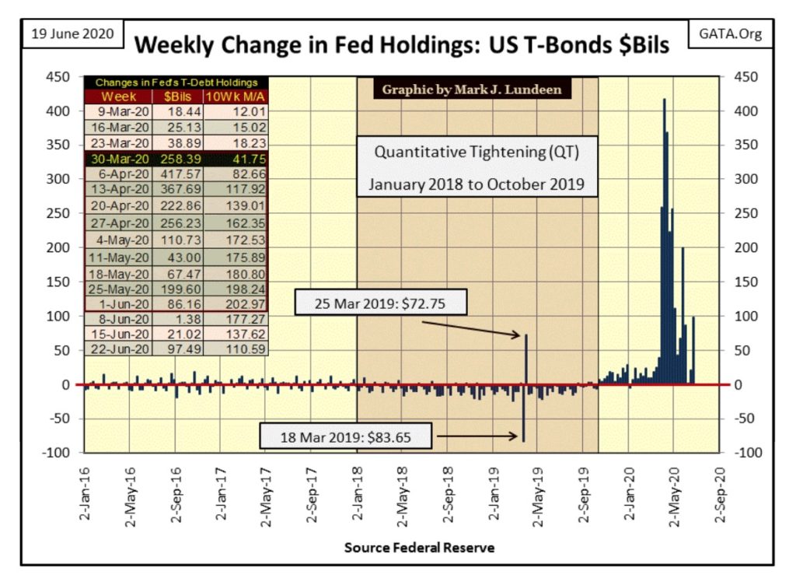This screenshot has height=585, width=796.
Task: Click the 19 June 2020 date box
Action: (x=72, y=34)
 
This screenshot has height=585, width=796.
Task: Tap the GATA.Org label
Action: (x=730, y=34)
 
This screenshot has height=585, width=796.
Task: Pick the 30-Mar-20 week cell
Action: (x=120, y=159)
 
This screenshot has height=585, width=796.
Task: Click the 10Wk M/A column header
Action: (x=235, y=96)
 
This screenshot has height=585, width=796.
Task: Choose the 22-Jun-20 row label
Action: (x=120, y=349)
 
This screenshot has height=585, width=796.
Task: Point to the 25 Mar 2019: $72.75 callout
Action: (x=380, y=303)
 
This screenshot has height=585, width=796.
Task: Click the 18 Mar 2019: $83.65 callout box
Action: (x=346, y=436)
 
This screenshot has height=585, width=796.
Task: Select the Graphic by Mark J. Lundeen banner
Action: (x=472, y=89)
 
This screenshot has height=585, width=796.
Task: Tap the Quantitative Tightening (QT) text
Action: (x=477, y=152)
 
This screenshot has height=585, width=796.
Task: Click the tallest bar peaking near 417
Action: (x=665, y=242)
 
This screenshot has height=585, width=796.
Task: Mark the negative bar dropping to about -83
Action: (x=523, y=413)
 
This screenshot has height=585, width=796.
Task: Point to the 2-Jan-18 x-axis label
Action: (x=358, y=493)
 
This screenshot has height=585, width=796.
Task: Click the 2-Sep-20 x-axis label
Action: (x=720, y=495)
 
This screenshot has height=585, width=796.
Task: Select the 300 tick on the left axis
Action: (x=58, y=179)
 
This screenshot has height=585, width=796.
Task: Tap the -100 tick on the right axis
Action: (x=748, y=452)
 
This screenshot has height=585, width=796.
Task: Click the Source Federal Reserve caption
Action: (x=419, y=548)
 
